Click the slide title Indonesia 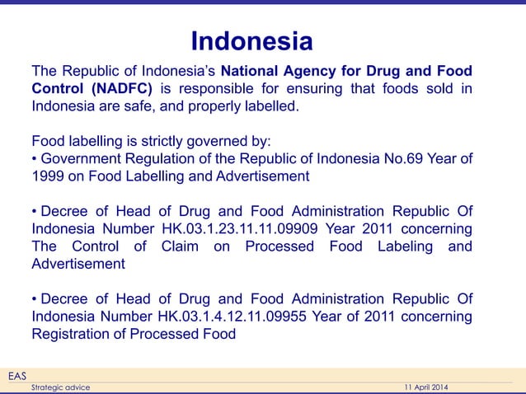click(251, 41)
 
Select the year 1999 click(48, 176)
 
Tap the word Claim click(181, 246)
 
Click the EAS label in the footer click(16, 376)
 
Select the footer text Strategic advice click(60, 387)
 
